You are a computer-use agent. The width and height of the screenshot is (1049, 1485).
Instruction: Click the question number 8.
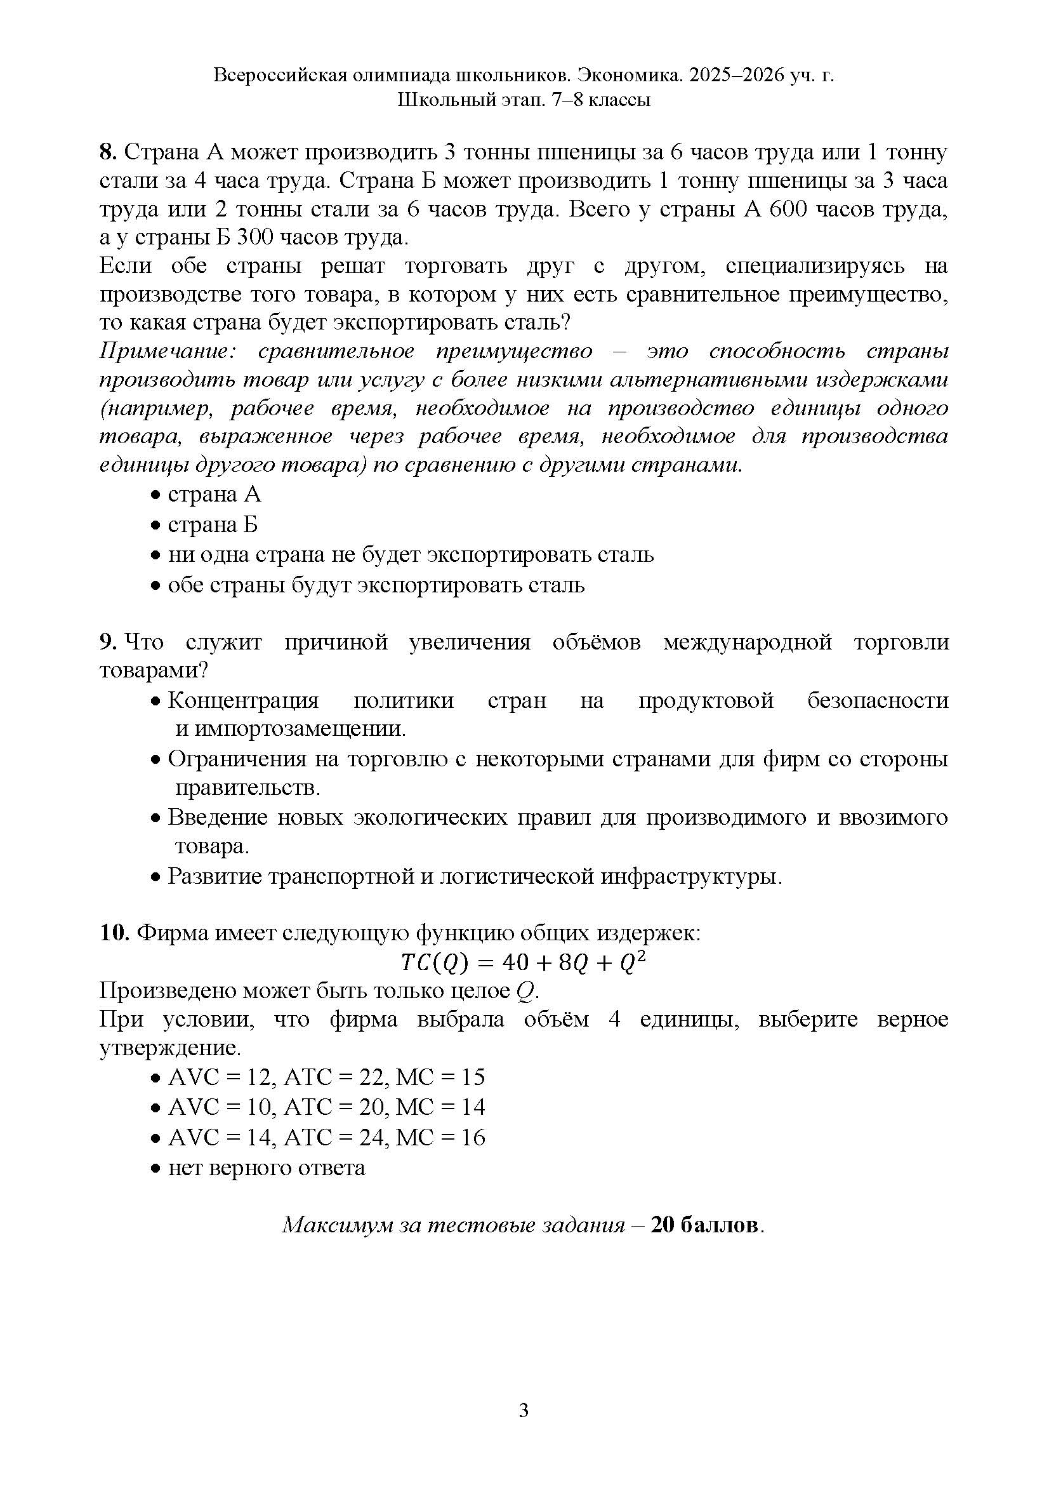click(x=107, y=152)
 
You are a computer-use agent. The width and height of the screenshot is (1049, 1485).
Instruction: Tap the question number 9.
click(x=107, y=643)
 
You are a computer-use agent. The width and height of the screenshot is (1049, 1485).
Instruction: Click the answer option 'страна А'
click(x=214, y=495)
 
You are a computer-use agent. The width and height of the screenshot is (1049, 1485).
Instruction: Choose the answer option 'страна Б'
click(x=213, y=524)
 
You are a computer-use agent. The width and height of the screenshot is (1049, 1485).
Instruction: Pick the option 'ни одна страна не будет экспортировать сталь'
click(x=411, y=555)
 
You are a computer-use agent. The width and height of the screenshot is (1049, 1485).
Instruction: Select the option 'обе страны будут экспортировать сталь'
click(x=376, y=585)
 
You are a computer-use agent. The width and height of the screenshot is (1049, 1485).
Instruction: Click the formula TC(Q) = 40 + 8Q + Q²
click(x=524, y=963)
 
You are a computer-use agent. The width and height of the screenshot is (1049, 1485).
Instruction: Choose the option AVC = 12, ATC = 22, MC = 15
click(x=326, y=1077)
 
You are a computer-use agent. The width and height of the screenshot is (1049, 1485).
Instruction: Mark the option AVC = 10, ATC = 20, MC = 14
click(x=326, y=1107)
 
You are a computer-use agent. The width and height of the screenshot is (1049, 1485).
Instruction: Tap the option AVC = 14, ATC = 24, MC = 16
click(x=326, y=1138)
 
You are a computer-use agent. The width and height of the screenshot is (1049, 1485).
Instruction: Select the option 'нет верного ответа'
click(x=267, y=1168)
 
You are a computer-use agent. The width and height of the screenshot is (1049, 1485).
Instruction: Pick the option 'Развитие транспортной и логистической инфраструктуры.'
click(x=475, y=876)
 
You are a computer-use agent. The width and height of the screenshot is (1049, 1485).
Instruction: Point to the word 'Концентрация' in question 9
click(x=244, y=700)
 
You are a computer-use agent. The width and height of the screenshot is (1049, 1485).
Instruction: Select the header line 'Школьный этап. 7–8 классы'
click(x=524, y=100)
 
